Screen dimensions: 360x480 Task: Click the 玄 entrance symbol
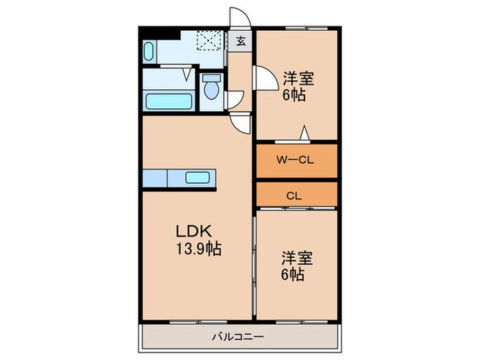241,40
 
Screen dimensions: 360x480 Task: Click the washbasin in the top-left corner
150,51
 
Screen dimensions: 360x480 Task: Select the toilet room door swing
236,99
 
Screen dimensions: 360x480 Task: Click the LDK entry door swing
241,123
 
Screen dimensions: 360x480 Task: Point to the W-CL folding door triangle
304,134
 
